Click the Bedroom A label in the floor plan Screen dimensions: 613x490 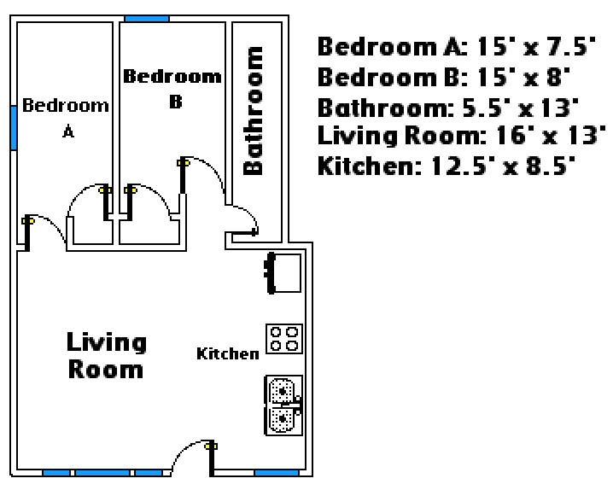pyautogui.click(x=65, y=117)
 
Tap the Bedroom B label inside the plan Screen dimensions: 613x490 pyautogui.click(x=172, y=88)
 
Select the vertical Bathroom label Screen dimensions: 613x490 pyautogui.click(x=253, y=111)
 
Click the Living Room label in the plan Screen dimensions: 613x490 pyautogui.click(x=107, y=355)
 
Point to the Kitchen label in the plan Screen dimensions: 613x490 pyautogui.click(x=228, y=353)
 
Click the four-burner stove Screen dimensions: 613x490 pyautogui.click(x=284, y=339)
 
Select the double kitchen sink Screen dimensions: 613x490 pyautogui.click(x=283, y=405)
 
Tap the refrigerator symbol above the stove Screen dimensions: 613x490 pyautogui.click(x=284, y=272)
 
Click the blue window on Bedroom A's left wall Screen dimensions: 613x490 pyautogui.click(x=14, y=128)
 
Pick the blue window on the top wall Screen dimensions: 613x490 pyautogui.click(x=147, y=19)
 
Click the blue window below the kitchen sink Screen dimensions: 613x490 pyautogui.click(x=277, y=473)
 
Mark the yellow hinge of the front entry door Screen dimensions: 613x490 pyautogui.click(x=211, y=446)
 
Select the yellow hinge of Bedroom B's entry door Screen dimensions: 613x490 pyautogui.click(x=184, y=162)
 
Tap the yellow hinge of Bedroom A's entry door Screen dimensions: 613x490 pyautogui.click(x=28, y=221)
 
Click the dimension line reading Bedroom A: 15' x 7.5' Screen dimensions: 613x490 pyautogui.click(x=457, y=46)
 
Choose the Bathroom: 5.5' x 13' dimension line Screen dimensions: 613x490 pyautogui.click(x=448, y=108)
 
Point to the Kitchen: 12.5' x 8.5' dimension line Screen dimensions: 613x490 pyautogui.click(x=447, y=166)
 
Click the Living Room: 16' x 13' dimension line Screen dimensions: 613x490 pyautogui.click(x=462, y=136)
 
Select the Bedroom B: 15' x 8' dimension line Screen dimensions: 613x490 pyautogui.click(x=444, y=77)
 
